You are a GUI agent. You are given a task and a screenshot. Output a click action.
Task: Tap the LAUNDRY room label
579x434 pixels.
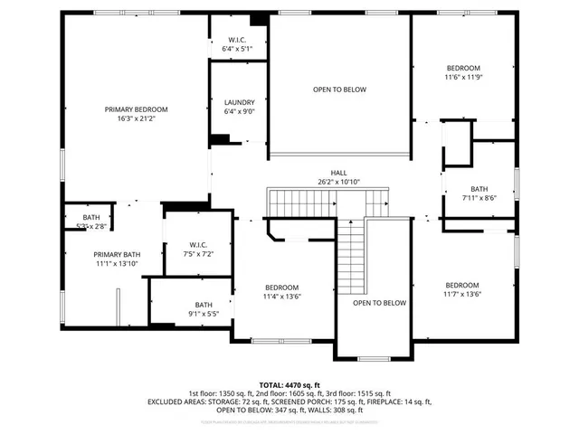coord(239,102)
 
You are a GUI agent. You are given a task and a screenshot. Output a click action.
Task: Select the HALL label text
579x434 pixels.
coord(338,173)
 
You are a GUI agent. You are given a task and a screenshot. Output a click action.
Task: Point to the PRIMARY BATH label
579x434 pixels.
coord(117,254)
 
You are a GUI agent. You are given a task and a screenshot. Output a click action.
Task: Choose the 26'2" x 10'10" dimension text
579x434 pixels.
coord(338,182)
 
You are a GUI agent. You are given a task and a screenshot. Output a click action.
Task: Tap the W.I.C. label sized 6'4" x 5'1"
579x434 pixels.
coord(239,40)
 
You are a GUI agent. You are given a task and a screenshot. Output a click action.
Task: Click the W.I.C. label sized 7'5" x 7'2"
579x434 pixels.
coord(199,245)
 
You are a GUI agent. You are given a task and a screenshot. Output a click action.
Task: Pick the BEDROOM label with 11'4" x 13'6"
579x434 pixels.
coord(281,287)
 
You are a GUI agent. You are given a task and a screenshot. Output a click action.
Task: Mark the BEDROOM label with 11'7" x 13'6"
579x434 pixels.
coord(461,284)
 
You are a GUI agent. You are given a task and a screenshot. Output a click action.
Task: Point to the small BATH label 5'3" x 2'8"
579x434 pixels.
coord(91,218)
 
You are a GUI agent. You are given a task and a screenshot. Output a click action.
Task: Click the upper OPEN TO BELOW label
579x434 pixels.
coord(339,90)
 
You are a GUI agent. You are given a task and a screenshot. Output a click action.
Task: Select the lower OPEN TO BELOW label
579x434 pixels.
coord(379,303)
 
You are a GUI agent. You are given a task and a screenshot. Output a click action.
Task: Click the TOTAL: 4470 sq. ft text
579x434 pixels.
coord(289,385)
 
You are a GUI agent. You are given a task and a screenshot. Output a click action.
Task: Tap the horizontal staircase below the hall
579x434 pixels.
coord(327,200)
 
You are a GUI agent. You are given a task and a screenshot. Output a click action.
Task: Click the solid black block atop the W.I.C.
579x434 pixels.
coord(259,20)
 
